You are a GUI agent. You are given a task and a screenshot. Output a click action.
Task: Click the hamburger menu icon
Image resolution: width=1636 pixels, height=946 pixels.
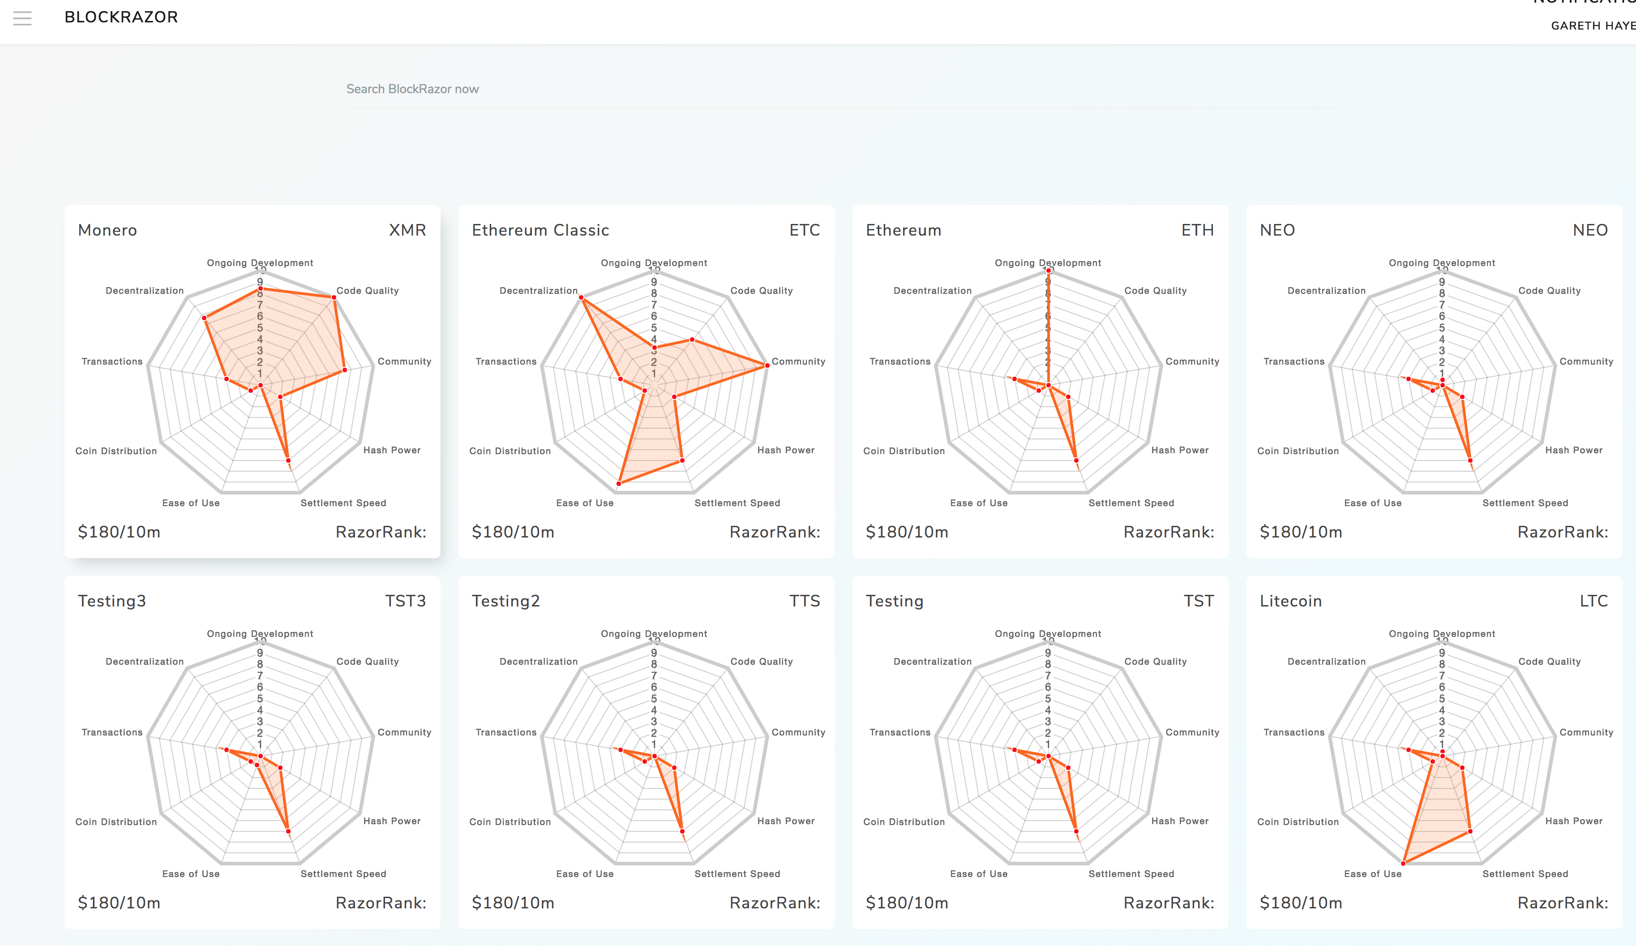coord(22,18)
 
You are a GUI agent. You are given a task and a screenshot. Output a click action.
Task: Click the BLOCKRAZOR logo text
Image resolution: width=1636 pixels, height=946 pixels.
coord(121,17)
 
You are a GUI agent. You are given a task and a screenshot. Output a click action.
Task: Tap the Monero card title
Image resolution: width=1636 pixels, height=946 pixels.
coord(107,231)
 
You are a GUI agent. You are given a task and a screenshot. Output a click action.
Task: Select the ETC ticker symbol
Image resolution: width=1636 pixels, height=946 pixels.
coord(805,231)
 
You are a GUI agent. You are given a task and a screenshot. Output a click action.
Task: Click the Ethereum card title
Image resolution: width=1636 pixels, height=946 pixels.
coord(903,231)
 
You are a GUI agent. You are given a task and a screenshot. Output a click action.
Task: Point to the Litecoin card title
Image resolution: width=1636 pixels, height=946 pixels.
coord(1291,601)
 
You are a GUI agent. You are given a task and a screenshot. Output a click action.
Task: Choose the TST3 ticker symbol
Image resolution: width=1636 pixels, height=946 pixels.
coord(405,601)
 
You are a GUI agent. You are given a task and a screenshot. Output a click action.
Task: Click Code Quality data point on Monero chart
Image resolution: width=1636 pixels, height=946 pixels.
coord(334,297)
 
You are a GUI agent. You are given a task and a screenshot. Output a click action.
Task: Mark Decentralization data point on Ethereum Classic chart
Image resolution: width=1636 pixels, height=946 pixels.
coord(581,297)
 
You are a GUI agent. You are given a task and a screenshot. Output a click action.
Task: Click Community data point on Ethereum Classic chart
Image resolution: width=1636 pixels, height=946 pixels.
coord(767,365)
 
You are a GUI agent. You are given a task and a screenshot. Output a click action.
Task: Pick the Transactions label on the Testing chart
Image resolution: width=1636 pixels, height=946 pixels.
coord(900,732)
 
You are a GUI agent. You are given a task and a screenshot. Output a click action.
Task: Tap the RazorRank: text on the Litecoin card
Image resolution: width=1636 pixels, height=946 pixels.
coord(1562,903)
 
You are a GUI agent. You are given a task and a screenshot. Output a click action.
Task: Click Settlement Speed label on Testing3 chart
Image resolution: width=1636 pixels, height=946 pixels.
coord(343,874)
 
